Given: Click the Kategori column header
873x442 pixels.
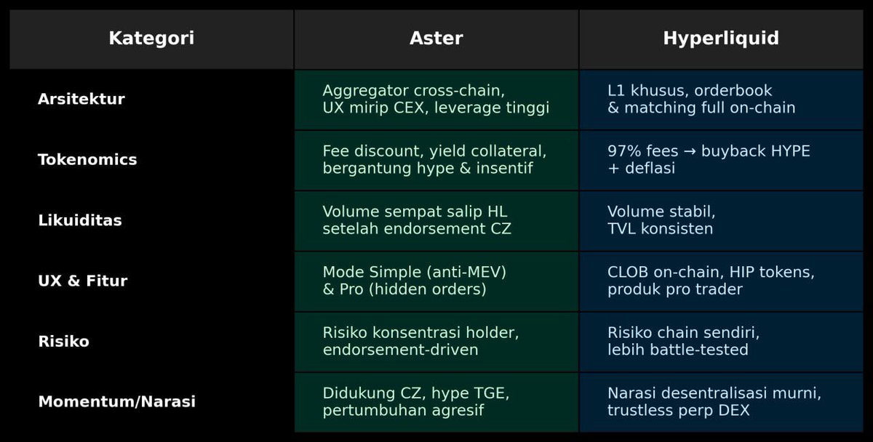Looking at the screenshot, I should pos(151,39).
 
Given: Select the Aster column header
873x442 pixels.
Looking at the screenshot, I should pos(436,39).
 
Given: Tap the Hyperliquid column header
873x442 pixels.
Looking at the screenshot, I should pos(720,39).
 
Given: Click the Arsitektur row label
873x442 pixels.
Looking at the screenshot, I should pos(81,100).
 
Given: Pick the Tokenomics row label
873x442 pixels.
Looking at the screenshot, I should pos(87,160).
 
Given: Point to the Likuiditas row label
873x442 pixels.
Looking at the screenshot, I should pos(80,220).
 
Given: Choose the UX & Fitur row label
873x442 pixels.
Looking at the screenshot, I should pos(82,281).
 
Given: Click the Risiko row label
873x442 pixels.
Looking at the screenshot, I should pos(63,342).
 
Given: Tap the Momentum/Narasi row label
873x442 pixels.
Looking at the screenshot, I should pos(116,402).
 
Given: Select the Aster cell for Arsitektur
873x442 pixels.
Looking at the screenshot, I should pos(436,100).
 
